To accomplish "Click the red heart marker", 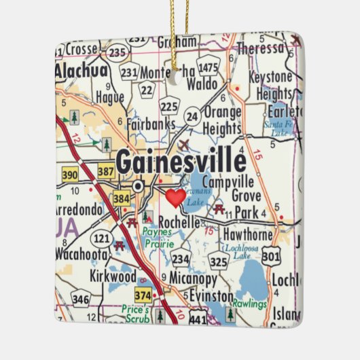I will pos(175,198).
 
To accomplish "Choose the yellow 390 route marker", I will pos(69,175).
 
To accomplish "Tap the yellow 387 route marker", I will pos(106,172).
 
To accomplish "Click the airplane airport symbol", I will pos(186,144).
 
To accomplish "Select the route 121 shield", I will pos(102,238).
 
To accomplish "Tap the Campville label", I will pos(228,182).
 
